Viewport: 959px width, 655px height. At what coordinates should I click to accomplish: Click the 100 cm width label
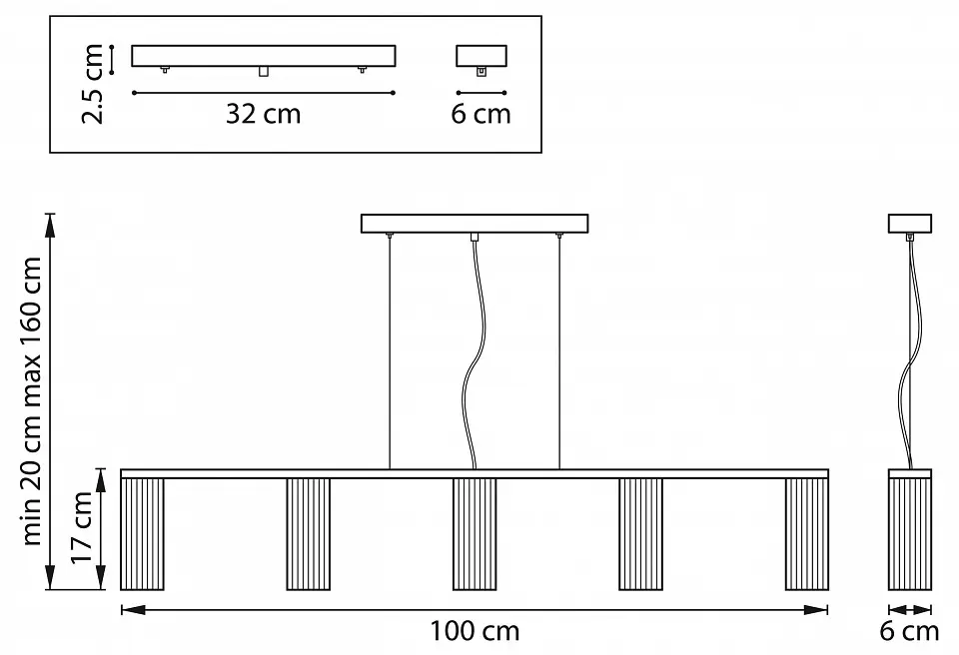pos(475,631)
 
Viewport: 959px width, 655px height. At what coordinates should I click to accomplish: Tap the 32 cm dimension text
pos(263,114)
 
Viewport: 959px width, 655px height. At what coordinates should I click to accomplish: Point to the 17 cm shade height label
pos(81,528)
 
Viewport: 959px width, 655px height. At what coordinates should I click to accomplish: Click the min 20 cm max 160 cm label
pos(31,400)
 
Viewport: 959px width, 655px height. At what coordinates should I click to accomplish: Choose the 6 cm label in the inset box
pos(480,114)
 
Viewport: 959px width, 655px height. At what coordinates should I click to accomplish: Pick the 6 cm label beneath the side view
pos(909,631)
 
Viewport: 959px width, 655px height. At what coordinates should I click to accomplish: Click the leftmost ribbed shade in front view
pos(143,534)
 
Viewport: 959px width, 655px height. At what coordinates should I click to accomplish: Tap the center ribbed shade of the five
pos(475,534)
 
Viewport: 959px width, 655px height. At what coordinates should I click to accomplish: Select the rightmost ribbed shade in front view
pos(807,534)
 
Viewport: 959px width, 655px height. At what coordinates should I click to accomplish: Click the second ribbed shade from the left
pos(309,534)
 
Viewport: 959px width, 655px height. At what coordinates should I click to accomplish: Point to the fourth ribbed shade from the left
pos(640,534)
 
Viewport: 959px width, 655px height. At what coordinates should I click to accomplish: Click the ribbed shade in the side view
pos(909,534)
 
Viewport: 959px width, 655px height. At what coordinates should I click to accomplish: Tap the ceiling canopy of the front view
pos(475,224)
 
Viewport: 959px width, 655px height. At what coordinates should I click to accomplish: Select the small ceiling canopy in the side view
pos(909,224)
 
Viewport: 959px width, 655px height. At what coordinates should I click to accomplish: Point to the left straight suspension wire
pos(390,351)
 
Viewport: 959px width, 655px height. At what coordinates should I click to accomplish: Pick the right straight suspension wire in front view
pos(559,351)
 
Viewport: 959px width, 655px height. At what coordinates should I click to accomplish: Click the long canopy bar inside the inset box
pos(264,56)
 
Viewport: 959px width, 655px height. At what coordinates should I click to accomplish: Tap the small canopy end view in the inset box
pos(481,56)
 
